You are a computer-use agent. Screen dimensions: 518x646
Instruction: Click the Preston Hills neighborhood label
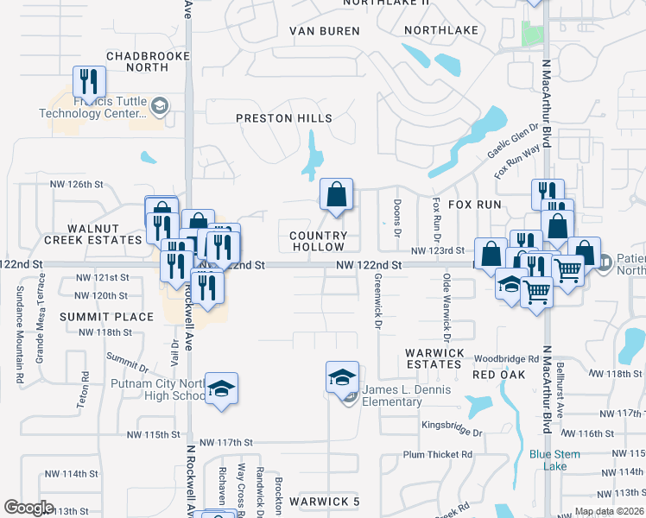283,117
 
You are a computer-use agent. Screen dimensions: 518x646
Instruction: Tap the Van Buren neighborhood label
323,31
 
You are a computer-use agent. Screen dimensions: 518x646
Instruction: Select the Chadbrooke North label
136,60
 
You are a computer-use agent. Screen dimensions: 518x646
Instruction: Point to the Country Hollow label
318,241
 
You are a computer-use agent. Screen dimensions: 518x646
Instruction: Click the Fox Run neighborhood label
474,205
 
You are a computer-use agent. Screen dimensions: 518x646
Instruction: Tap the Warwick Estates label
434,358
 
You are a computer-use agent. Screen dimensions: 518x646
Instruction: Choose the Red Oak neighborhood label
499,375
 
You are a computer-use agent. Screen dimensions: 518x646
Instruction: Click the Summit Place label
106,317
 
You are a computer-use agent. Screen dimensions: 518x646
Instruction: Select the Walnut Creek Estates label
92,233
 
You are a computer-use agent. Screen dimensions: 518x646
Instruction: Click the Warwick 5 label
324,502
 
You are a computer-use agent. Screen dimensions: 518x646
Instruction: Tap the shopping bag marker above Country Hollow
336,195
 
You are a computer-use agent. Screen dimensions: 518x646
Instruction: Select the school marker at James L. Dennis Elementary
342,377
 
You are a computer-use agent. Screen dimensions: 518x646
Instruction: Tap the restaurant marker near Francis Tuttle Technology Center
88,83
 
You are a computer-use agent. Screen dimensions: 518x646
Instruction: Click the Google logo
29,507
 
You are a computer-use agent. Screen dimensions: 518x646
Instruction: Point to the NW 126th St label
77,184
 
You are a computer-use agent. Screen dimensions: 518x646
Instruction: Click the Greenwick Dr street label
378,302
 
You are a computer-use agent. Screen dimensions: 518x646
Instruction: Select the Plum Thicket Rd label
438,454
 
